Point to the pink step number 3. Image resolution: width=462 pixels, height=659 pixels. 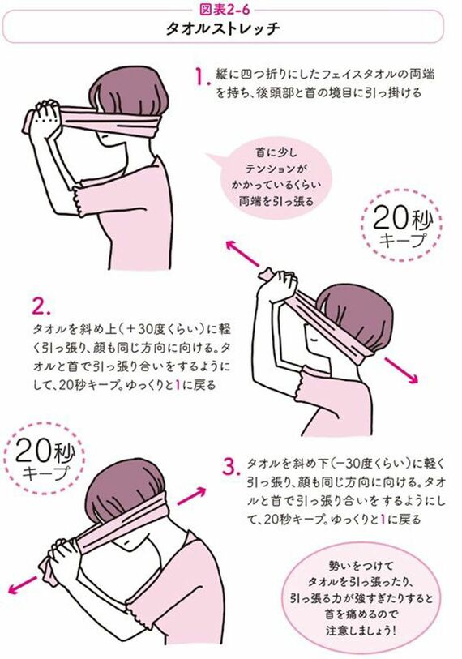[x=230, y=466]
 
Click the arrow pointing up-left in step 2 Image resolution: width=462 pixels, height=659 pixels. [x=244, y=255]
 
